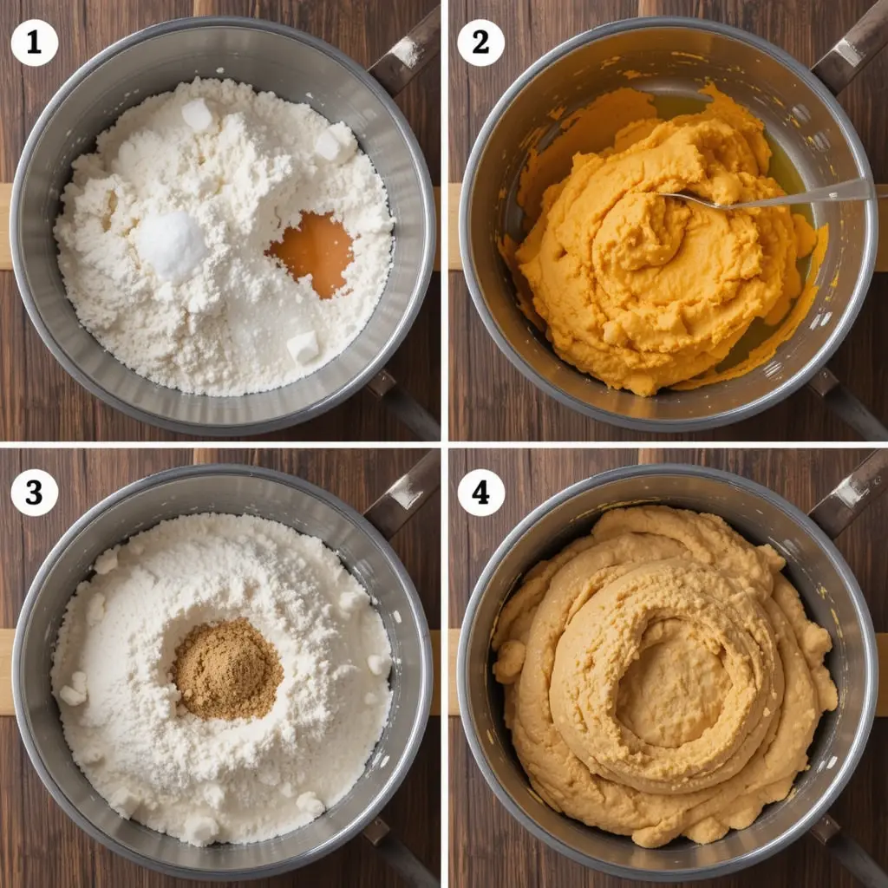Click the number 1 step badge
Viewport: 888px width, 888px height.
[34, 43]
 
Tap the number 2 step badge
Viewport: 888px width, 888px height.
[480, 43]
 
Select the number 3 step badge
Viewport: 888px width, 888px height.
[34, 493]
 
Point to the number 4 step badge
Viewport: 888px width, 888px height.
[480, 493]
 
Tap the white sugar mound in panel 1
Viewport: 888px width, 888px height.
[171, 245]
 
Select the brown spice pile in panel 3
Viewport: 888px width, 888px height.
[227, 669]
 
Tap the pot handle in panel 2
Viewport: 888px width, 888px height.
[850, 49]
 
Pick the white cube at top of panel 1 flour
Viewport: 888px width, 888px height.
[197, 115]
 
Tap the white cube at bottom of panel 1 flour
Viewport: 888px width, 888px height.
[303, 346]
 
